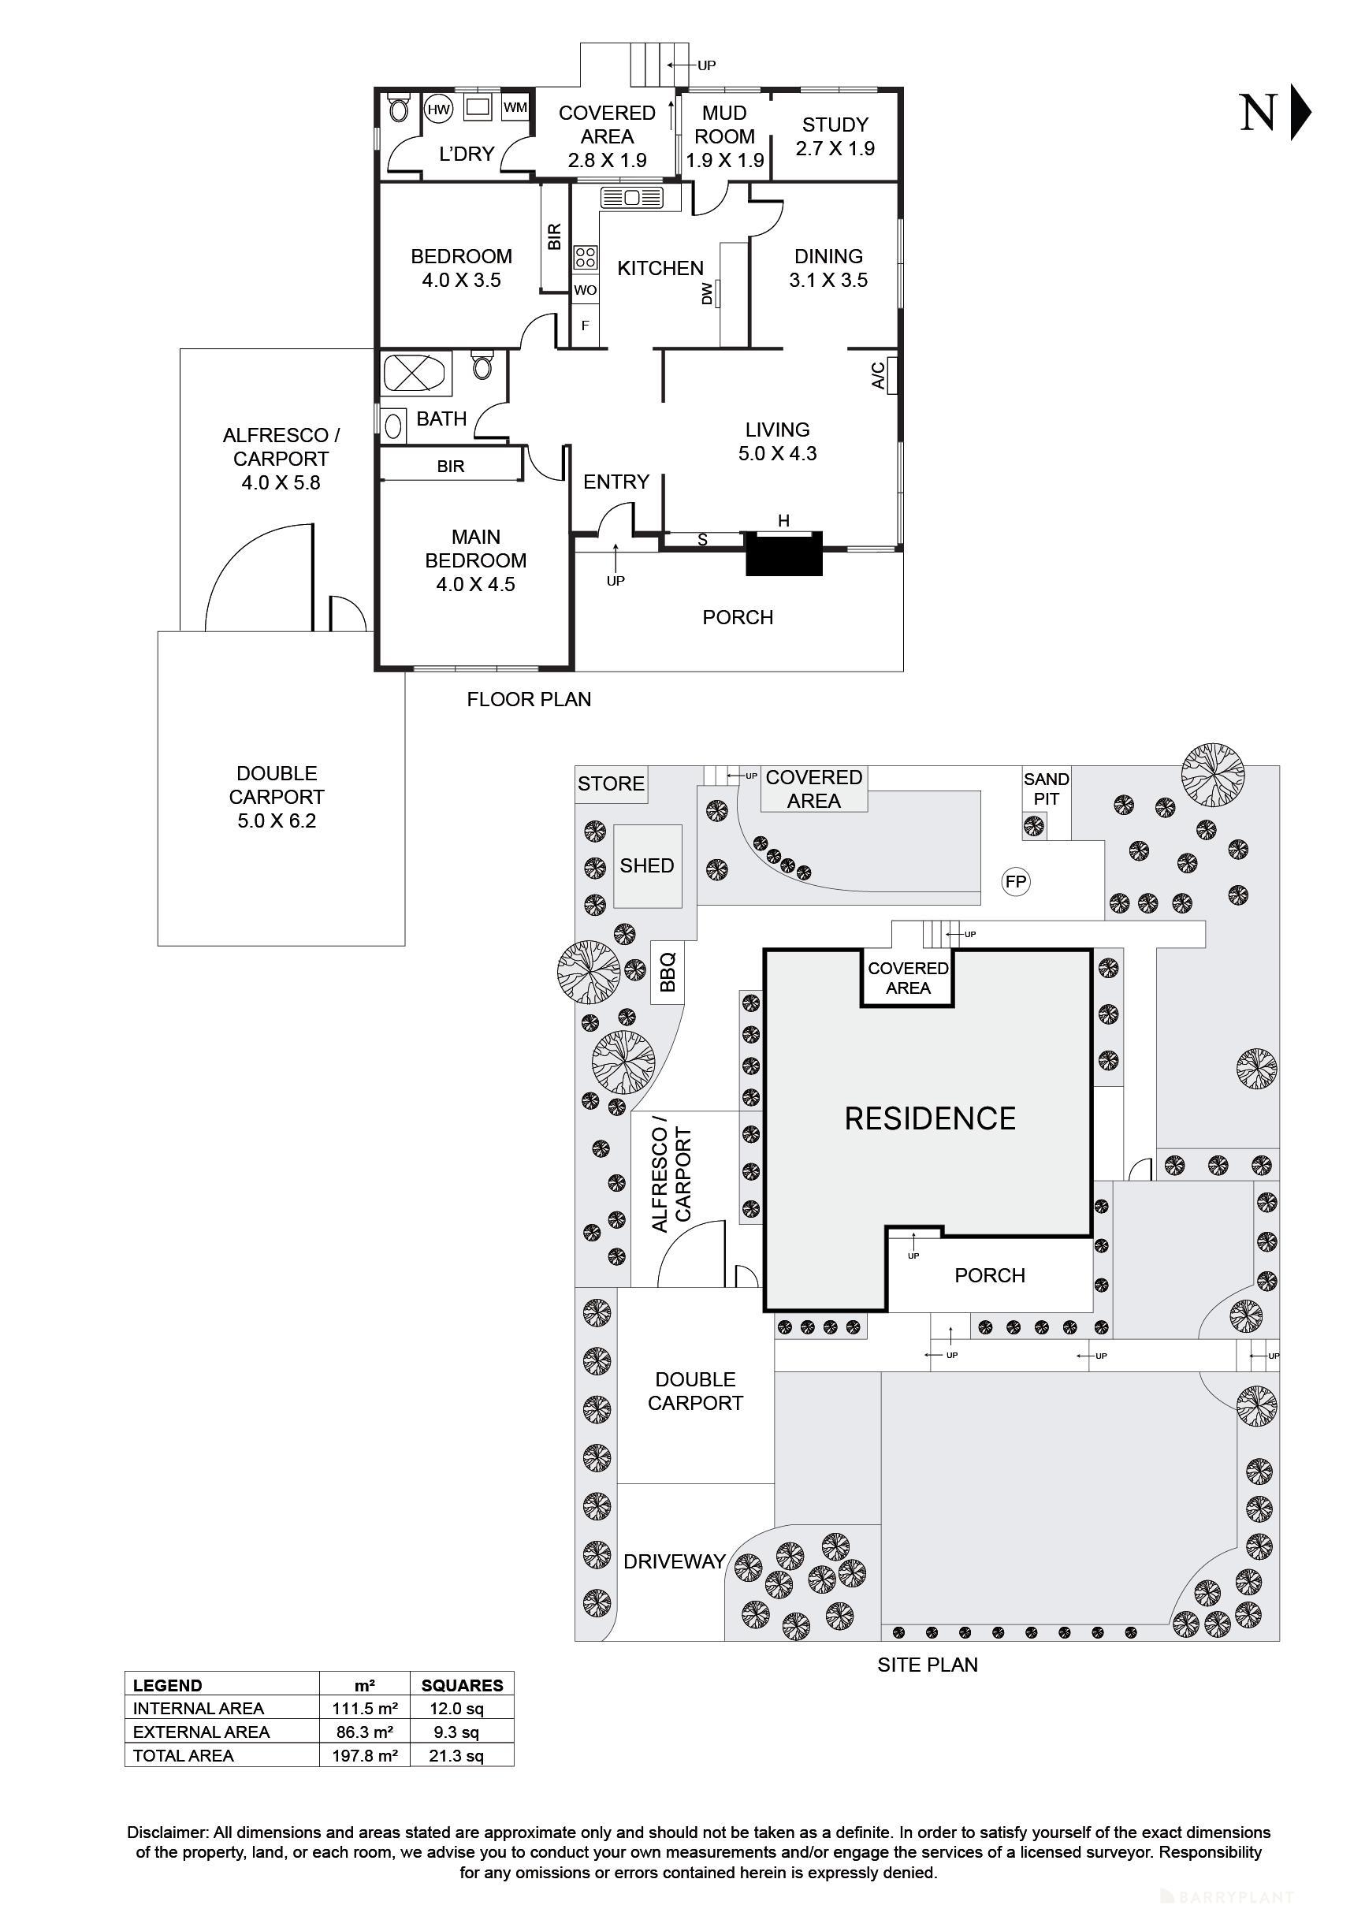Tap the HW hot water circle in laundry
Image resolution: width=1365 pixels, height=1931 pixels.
click(438, 110)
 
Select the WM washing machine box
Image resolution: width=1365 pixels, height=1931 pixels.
click(515, 108)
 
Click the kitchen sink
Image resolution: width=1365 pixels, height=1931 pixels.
click(631, 199)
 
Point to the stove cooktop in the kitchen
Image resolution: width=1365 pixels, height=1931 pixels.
click(586, 258)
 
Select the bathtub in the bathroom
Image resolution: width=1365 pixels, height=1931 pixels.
click(417, 374)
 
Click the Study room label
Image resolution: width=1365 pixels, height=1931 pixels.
click(835, 136)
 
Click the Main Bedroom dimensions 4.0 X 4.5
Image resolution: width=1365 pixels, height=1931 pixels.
click(475, 585)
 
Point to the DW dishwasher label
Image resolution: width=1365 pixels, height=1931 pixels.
click(707, 293)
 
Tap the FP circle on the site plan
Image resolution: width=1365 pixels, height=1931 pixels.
click(1016, 881)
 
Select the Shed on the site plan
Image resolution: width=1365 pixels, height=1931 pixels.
click(647, 865)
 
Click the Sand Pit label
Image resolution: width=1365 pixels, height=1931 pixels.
click(1047, 789)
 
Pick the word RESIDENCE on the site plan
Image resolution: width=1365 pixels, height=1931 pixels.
click(929, 1118)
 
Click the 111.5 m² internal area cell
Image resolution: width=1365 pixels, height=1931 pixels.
click(364, 1708)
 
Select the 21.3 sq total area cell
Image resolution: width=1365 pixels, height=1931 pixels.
click(462, 1755)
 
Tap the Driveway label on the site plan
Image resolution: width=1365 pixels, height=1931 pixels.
click(674, 1562)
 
